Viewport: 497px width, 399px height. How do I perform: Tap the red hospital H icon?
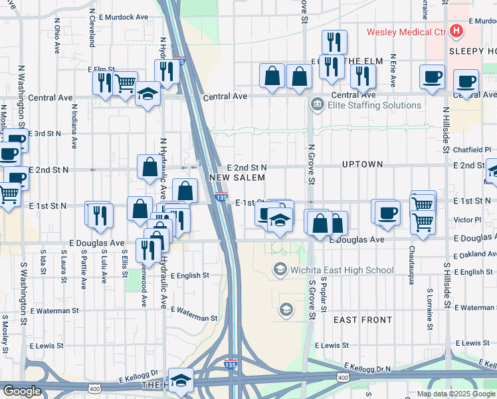pyautogui.click(x=456, y=31)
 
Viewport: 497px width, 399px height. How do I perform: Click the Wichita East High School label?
pyautogui.click(x=342, y=269)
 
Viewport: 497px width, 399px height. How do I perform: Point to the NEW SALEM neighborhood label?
pyautogui.click(x=237, y=178)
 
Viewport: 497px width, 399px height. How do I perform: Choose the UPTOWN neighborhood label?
pyautogui.click(x=362, y=164)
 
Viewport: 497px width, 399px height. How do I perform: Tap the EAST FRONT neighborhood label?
pyautogui.click(x=363, y=320)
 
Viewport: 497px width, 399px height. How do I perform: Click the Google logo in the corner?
pyautogui.click(x=22, y=391)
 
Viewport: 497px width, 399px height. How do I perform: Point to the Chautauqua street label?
pyautogui.click(x=412, y=264)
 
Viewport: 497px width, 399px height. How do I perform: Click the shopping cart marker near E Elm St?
pyautogui.click(x=126, y=84)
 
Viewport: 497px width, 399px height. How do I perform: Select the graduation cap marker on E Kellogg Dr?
pyautogui.click(x=181, y=380)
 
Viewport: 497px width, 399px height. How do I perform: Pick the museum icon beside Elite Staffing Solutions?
pyautogui.click(x=317, y=104)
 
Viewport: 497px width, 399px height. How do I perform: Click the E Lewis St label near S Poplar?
pyautogui.click(x=332, y=345)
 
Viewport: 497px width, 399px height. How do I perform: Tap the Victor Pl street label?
pyautogui.click(x=468, y=219)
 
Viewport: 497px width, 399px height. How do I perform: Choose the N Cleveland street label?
pyautogui.click(x=92, y=29)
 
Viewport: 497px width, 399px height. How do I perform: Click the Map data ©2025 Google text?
pyautogui.click(x=456, y=394)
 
